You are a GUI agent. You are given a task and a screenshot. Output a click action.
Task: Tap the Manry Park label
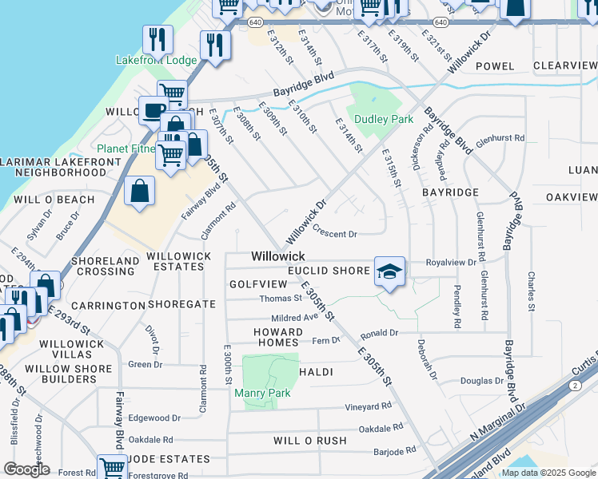pyautogui.click(x=262, y=392)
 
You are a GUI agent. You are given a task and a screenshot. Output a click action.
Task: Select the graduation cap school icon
pyautogui.click(x=389, y=271)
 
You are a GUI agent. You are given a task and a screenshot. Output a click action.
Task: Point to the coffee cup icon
pyautogui.click(x=153, y=110)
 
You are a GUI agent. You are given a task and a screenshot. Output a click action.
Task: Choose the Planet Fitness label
pyautogui.click(x=127, y=148)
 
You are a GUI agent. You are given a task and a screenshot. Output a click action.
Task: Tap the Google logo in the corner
pyautogui.click(x=27, y=469)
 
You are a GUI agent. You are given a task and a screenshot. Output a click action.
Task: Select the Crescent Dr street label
pyautogui.click(x=334, y=234)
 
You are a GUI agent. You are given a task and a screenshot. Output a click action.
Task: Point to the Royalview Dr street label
pyautogui.click(x=452, y=261)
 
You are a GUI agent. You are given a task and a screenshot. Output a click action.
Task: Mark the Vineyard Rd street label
pyautogui.click(x=368, y=406)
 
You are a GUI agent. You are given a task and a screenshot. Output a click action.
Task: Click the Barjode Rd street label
pyautogui.click(x=395, y=451)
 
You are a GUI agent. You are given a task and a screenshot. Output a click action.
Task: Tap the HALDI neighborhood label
pyautogui.click(x=316, y=372)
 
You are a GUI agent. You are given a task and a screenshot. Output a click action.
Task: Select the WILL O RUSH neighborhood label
pyautogui.click(x=310, y=440)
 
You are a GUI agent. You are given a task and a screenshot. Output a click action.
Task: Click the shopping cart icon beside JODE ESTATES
pyautogui.click(x=112, y=468)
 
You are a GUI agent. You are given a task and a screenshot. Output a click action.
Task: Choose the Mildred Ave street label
pyautogui.click(x=295, y=316)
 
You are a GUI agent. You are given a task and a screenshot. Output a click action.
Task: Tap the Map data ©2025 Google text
pyautogui.click(x=548, y=473)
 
